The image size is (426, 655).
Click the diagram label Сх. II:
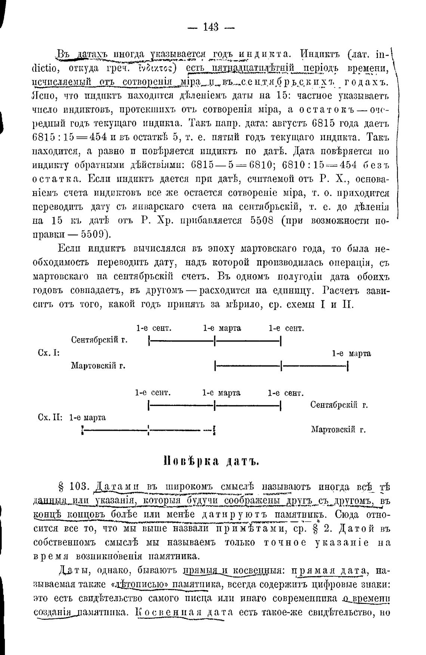click(x=50, y=418)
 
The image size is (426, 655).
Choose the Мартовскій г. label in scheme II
click(x=338, y=430)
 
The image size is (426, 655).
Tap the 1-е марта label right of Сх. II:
click(x=87, y=418)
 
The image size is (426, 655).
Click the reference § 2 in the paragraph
click(x=317, y=529)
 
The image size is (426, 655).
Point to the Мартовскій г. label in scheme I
click(x=98, y=366)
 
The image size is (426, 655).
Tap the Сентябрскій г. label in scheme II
click(x=339, y=405)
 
